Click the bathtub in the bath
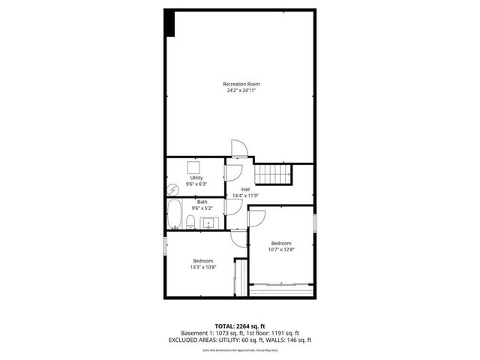(x=175, y=216)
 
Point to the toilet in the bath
(x=191, y=221)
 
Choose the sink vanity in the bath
(x=208, y=221)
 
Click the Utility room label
(x=196, y=178)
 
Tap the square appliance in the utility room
(x=193, y=168)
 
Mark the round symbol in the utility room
(x=173, y=187)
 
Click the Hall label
(x=245, y=189)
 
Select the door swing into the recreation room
(x=238, y=149)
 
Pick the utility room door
(x=232, y=172)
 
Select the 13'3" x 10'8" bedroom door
(x=239, y=238)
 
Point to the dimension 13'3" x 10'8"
(x=202, y=267)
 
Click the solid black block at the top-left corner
(x=170, y=22)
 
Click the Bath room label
(x=202, y=202)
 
